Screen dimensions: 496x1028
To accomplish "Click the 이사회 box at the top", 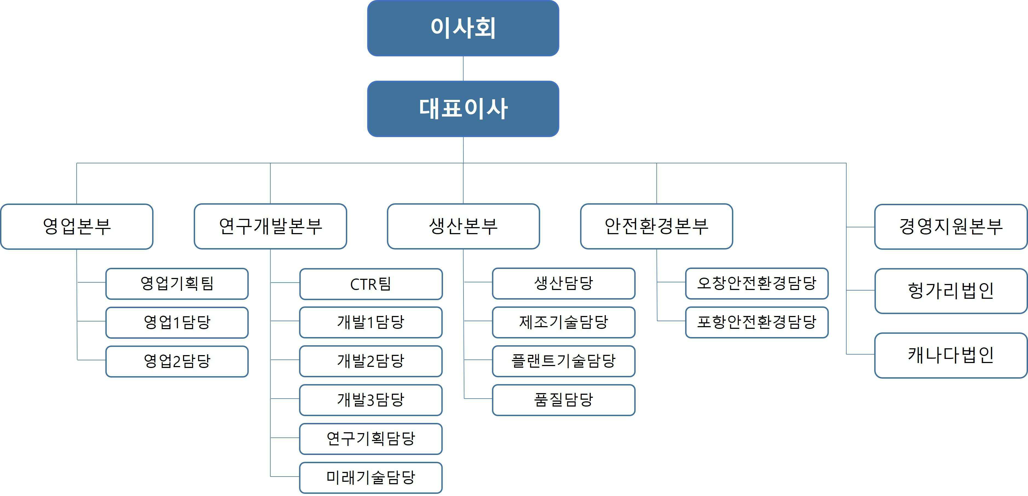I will [463, 28].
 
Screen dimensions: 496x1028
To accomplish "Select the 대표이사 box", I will [463, 109].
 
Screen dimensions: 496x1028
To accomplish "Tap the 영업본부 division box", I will [77, 226].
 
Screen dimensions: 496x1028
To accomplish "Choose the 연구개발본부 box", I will [270, 226].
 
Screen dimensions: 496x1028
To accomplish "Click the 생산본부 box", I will [463, 226].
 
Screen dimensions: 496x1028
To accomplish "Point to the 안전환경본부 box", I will [656, 226].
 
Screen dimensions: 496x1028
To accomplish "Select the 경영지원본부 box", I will [951, 227].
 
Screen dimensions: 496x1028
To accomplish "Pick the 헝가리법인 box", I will [951, 291].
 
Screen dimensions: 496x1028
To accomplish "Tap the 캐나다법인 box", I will [951, 355].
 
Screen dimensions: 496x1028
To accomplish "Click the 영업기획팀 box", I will [177, 284].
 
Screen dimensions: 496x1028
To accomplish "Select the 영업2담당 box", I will [177, 361].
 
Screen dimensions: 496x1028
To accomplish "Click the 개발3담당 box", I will [371, 400].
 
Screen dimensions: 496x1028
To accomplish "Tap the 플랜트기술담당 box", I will [563, 361].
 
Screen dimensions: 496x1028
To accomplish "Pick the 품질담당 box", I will [563, 400].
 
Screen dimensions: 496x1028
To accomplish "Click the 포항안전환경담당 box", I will [757, 322].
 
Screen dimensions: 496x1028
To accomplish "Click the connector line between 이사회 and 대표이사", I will [463, 69].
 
